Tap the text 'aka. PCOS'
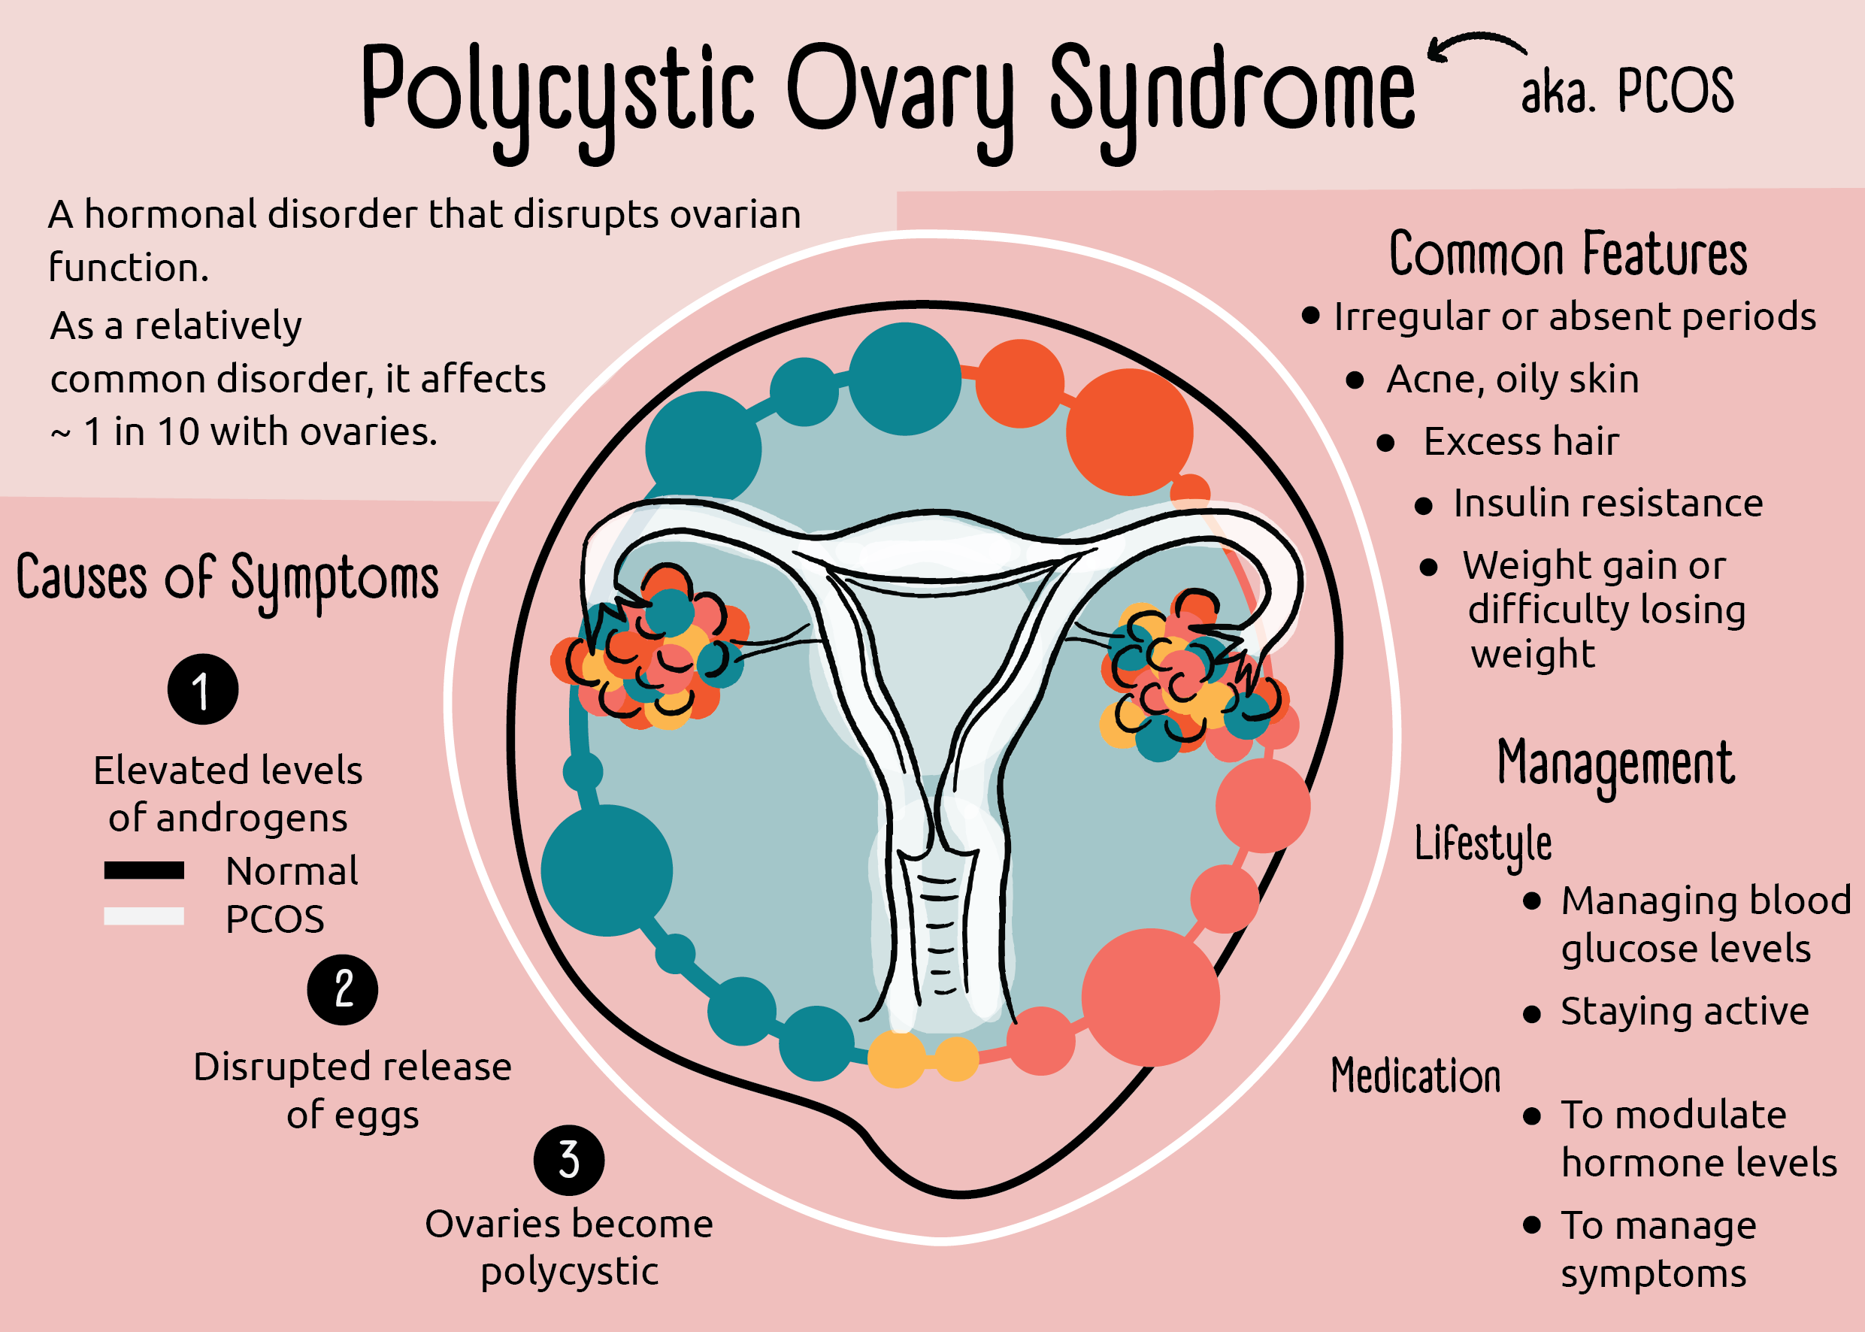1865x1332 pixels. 1627,90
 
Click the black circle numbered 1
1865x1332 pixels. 202,689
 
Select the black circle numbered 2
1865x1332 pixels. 342,989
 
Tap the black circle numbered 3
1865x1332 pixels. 568,1160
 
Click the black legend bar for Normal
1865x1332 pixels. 144,870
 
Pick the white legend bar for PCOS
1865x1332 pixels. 144,916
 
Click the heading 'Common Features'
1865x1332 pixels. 1567,254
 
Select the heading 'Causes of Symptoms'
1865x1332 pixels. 227,579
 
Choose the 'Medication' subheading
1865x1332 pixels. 1415,1076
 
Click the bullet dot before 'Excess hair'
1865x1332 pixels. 1385,443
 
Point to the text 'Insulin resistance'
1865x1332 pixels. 1607,503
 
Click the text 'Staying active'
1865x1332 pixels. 1685,1011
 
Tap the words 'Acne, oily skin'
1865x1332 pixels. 1512,379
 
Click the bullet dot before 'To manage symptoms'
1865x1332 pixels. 1531,1225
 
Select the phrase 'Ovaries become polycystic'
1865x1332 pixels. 569,1248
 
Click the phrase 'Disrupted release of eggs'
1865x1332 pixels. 353,1090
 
